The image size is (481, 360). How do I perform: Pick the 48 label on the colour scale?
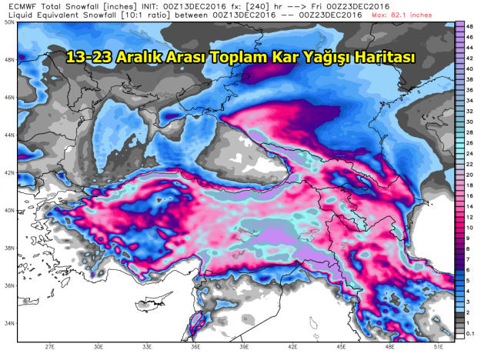tap(469, 25)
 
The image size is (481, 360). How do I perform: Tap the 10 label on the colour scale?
tap(469, 228)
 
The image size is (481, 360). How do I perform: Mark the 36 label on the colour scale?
tap(469, 91)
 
